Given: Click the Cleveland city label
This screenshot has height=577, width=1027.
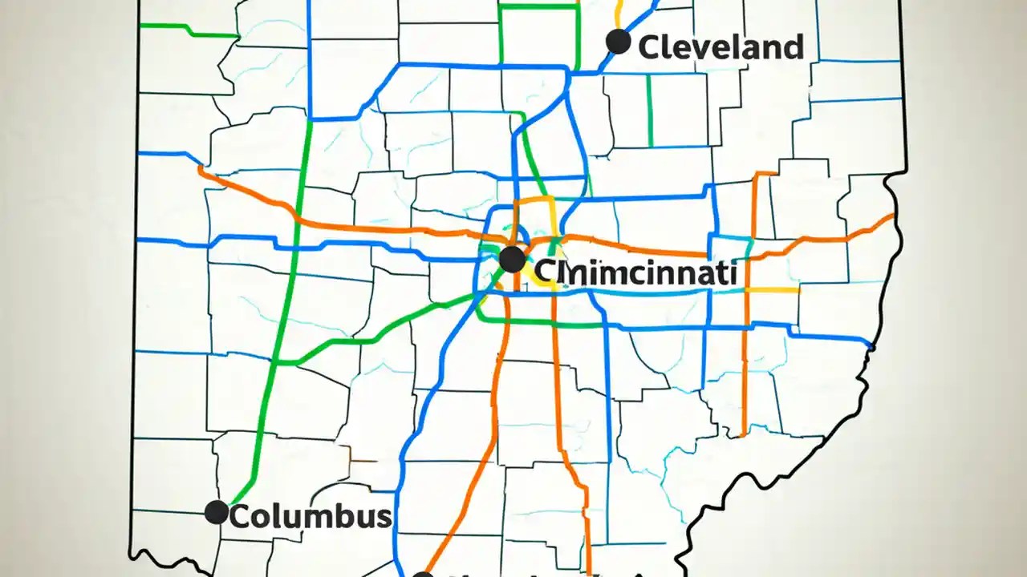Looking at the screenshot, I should pos(721,47).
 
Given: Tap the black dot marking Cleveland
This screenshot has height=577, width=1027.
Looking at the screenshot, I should pos(618,42).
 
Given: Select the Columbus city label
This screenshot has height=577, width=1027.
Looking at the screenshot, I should pos(311,516).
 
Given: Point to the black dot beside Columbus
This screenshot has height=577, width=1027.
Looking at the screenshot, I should pos(217,512).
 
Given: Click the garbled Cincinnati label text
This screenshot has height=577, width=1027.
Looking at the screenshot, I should pos(635,272).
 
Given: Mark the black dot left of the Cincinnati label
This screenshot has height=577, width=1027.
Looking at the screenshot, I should pos(512,260).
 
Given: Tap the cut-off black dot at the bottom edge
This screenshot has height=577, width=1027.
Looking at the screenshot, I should pos(423,574).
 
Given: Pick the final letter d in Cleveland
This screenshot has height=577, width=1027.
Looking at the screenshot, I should pos(794,47).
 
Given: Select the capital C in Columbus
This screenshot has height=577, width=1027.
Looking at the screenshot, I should pos(241,517).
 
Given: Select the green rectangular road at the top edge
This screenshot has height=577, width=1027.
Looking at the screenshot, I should pos(539,6).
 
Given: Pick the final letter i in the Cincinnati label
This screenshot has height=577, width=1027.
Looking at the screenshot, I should pos(733,272).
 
